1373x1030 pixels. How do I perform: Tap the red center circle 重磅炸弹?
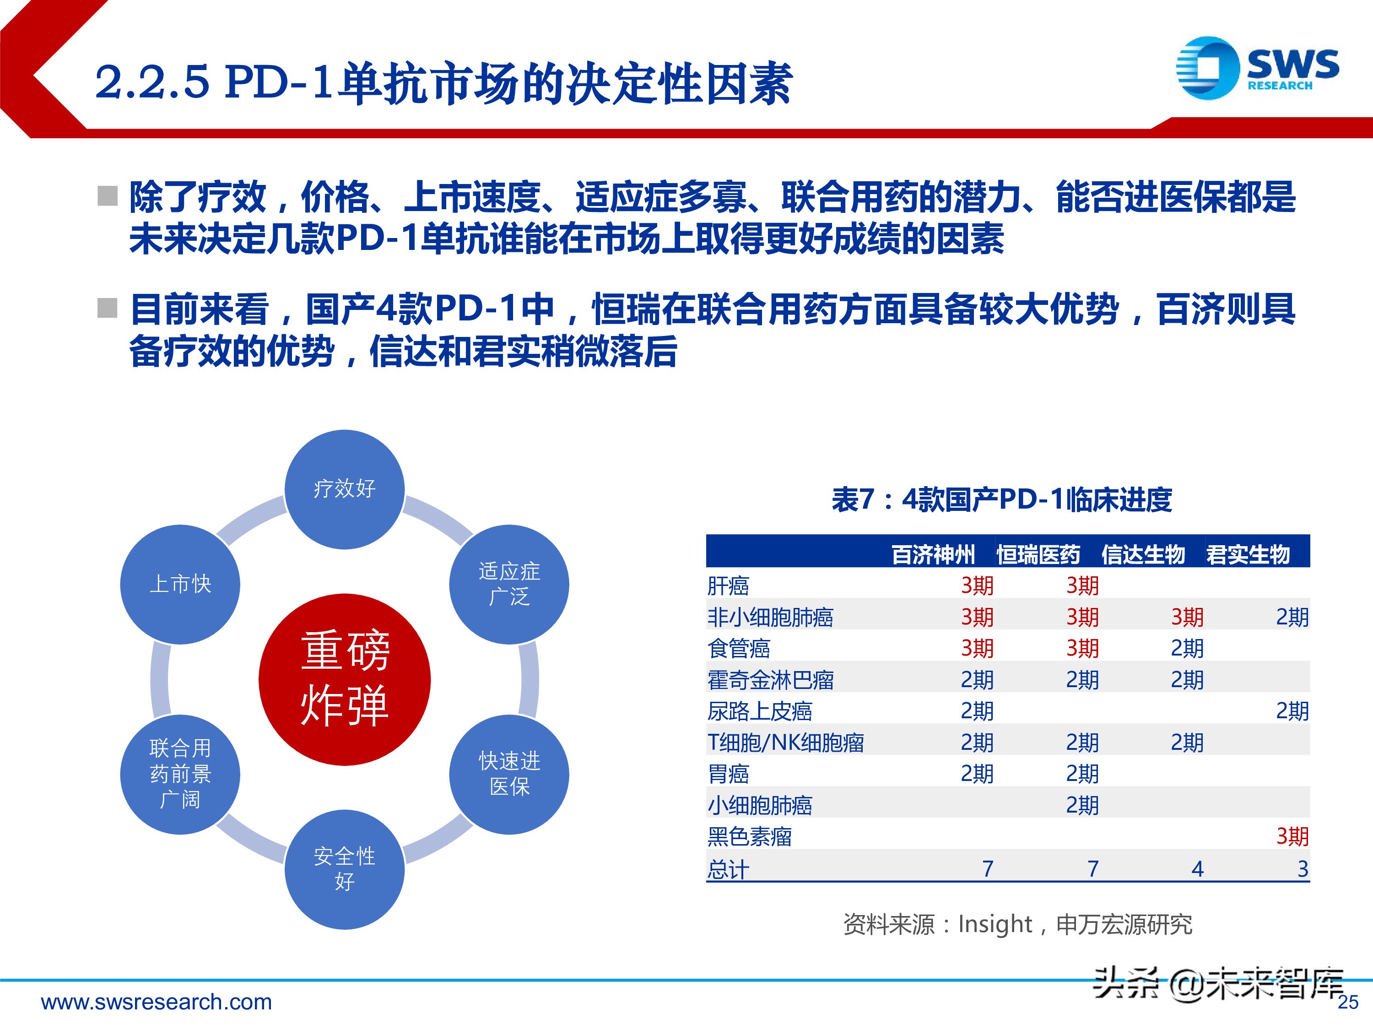coord(345,679)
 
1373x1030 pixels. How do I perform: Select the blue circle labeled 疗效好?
coord(345,489)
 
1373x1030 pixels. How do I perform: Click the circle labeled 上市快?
coord(180,584)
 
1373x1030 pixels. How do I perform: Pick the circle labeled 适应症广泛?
coord(509,584)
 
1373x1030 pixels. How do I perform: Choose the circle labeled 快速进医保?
coord(509,774)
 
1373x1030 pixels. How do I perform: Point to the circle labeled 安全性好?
coord(345,869)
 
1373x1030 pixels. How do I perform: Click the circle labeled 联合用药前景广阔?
coord(180,774)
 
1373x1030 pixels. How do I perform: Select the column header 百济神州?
coord(933,554)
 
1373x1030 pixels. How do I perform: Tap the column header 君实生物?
coord(1248,554)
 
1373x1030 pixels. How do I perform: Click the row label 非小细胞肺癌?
coord(770,617)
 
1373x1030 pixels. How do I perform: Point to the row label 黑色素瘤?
coord(749,836)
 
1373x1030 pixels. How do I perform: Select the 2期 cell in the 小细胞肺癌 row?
coord(1082,805)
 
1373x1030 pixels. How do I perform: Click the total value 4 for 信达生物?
coord(1197,868)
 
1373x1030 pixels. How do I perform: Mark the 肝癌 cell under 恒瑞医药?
coord(1082,585)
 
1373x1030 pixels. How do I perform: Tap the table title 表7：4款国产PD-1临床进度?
coord(1001,500)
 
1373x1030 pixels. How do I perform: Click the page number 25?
coord(1347,1003)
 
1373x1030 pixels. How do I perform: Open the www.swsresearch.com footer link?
coord(157,1002)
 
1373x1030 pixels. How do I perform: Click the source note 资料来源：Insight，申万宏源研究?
coord(1017,924)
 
